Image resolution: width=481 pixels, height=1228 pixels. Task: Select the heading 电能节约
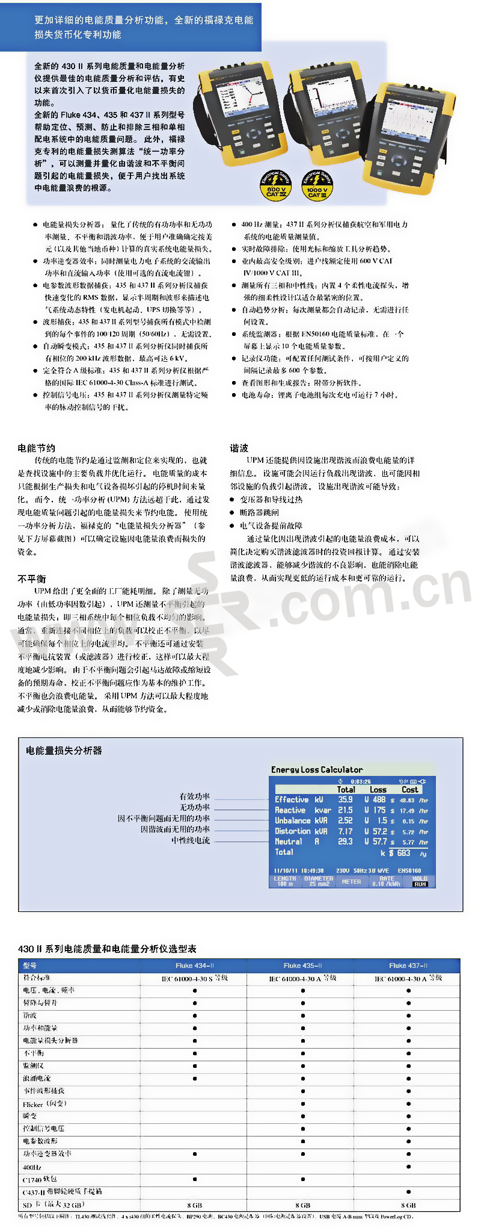click(37, 448)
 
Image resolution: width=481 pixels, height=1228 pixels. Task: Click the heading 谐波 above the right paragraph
click(239, 448)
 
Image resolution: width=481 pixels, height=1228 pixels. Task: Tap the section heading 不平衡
click(32, 578)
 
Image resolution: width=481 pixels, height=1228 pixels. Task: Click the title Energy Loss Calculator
click(317, 769)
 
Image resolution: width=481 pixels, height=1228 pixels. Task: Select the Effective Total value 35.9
click(345, 799)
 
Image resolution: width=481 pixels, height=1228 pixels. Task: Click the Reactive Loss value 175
click(379, 810)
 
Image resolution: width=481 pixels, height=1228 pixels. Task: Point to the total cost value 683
click(403, 852)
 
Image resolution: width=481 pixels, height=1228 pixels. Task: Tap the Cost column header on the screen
click(409, 789)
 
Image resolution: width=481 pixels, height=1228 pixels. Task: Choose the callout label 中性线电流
click(191, 840)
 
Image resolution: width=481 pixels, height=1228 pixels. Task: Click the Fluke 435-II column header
click(302, 966)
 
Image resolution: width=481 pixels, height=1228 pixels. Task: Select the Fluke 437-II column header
click(408, 966)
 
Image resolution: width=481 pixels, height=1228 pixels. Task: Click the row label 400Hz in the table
click(32, 1167)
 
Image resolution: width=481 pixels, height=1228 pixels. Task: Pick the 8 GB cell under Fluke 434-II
click(194, 1205)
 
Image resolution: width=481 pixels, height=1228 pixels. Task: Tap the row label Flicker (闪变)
click(44, 1104)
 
